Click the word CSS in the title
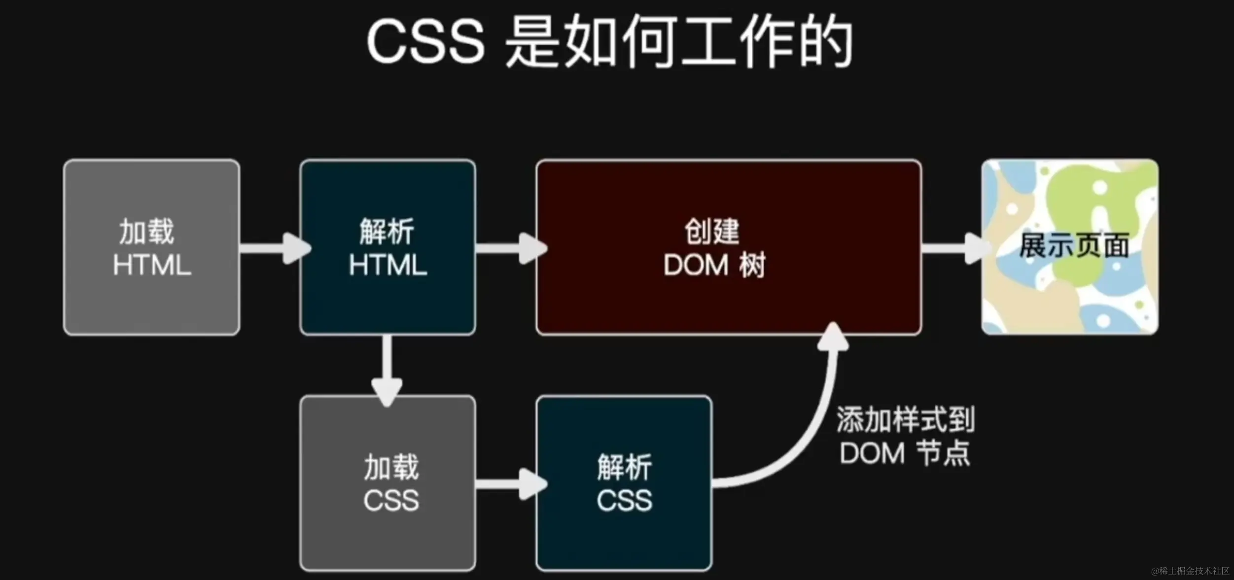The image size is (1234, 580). (x=425, y=42)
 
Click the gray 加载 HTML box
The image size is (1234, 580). (x=152, y=247)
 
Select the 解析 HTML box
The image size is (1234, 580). (x=388, y=247)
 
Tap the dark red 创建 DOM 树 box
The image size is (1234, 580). (x=729, y=247)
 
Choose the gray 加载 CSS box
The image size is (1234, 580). (x=388, y=483)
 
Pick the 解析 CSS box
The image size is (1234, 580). (x=624, y=483)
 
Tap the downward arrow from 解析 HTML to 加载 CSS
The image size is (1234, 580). (x=388, y=370)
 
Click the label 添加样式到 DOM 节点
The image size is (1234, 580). (x=905, y=436)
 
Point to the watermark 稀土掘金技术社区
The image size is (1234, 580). (x=1193, y=571)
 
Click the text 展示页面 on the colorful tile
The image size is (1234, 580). (x=1074, y=246)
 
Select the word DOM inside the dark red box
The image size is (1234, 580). (x=696, y=265)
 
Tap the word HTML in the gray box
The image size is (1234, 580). (x=152, y=265)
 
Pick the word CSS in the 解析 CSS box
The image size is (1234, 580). (x=624, y=501)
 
